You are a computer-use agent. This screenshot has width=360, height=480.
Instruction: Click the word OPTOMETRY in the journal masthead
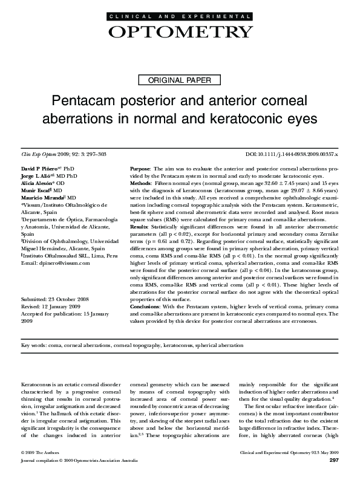click(180, 31)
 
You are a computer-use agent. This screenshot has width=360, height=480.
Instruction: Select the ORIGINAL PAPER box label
click(180, 79)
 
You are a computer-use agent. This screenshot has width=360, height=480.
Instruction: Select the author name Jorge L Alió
click(38, 174)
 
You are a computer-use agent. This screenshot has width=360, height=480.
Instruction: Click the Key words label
click(33, 345)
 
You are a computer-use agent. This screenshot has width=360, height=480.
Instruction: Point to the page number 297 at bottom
click(332, 461)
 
